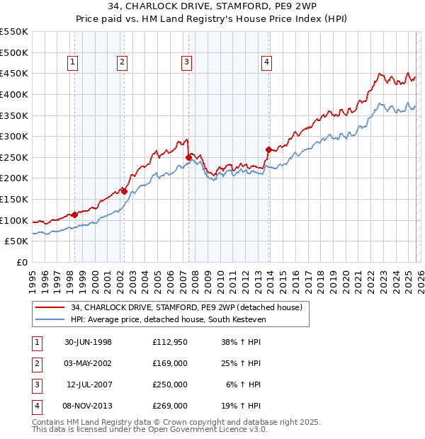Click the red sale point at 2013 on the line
(x=268, y=149)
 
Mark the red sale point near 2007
(x=188, y=157)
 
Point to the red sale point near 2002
(x=123, y=190)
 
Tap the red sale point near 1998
(x=74, y=215)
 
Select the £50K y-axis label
(x=16, y=241)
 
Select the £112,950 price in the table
(x=170, y=342)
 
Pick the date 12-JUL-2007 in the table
(x=88, y=384)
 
